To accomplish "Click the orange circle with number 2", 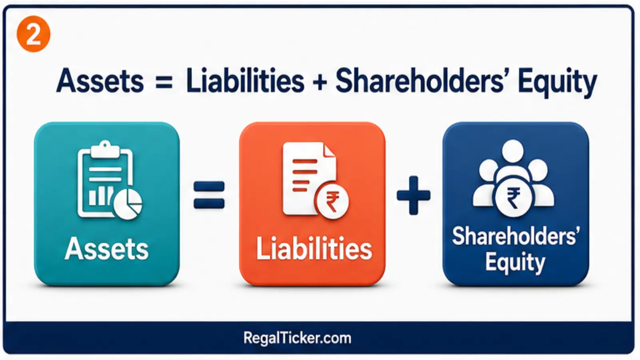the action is coord(34,34).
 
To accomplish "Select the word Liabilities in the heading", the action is coord(245,80).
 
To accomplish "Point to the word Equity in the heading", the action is coord(558,82).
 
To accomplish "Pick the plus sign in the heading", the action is coord(320,82).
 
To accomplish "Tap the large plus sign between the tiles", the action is coord(414,195).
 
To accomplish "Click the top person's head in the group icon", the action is coord(513,150).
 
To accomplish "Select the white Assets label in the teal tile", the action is coord(106,249).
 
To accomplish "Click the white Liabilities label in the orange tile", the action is coord(314,248).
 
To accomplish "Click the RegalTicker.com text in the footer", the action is coord(298,338).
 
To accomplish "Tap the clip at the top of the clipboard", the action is coord(105,150).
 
